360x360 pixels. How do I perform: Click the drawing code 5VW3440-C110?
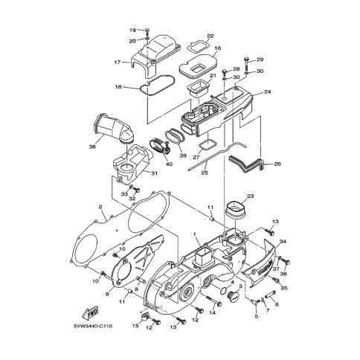tap(92, 326)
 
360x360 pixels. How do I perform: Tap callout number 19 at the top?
tap(132, 30)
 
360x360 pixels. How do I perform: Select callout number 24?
tap(268, 91)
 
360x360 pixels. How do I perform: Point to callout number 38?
tap(92, 147)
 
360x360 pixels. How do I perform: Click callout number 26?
tap(277, 164)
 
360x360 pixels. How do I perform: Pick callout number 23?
tap(251, 196)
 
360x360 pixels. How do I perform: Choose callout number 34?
tap(283, 241)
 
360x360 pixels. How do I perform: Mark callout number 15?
tap(135, 326)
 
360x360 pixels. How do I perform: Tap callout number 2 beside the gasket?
tap(100, 207)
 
